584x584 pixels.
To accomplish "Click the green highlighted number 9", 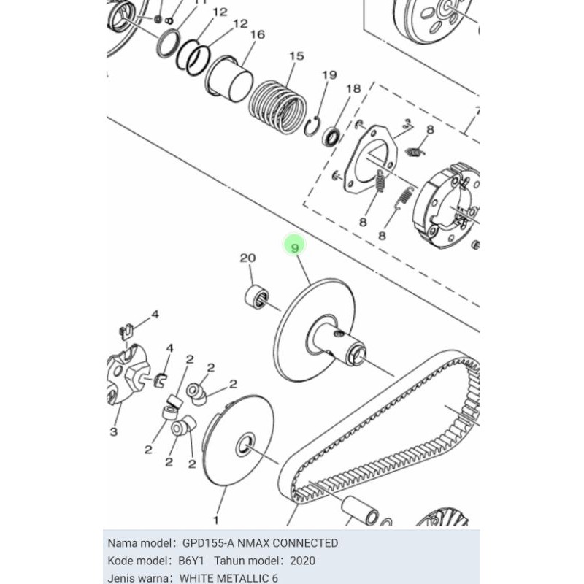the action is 295,247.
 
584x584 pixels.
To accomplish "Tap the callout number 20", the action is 247,258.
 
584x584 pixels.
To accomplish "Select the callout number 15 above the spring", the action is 297,56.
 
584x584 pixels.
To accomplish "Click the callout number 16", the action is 258,34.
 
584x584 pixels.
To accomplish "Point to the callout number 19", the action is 330,75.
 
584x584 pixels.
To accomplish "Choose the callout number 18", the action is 353,88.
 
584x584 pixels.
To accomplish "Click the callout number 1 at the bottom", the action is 215,520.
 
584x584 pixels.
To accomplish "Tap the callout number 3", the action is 114,431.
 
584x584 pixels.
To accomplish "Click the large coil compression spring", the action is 279,106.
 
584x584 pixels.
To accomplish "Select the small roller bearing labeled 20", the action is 256,297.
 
